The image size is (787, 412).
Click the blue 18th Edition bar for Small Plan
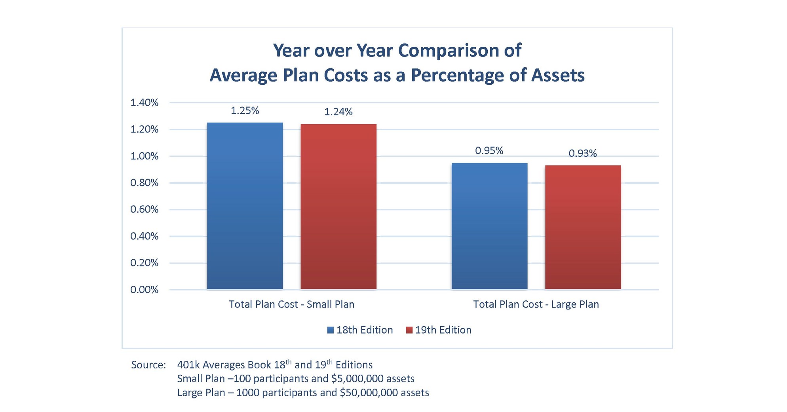245,206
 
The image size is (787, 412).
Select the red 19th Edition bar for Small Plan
338,207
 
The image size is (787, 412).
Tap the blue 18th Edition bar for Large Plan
489,226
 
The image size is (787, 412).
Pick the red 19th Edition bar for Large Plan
583,227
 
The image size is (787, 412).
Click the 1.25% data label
245,111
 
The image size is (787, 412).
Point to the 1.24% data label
338,112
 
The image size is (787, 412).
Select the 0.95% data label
489,151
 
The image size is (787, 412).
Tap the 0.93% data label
582,154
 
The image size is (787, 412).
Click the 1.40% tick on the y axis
144,103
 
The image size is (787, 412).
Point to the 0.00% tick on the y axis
144,290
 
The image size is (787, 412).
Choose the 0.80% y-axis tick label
144,183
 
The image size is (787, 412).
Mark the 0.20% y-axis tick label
144,263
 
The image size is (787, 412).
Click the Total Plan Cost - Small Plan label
291,304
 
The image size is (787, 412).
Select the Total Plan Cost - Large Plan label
536,304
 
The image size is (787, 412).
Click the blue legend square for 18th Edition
331,330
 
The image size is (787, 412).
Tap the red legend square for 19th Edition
409,330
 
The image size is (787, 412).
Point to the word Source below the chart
148,365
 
